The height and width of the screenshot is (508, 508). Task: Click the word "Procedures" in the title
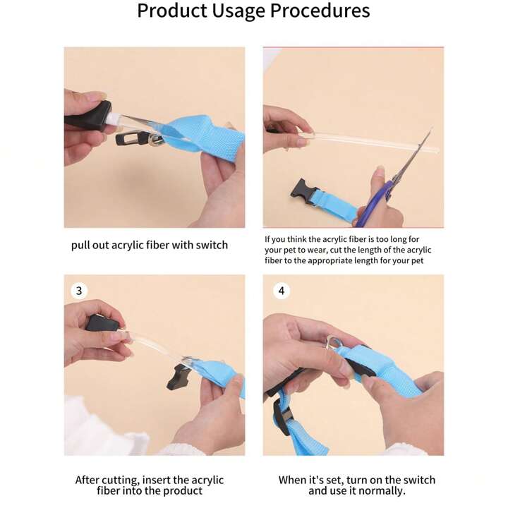tap(320, 11)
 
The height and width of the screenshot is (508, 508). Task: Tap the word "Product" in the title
tap(172, 11)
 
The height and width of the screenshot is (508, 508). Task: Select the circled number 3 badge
tap(79, 291)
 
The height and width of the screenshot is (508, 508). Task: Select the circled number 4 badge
tap(282, 291)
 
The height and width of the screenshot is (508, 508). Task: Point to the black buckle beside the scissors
tap(302, 192)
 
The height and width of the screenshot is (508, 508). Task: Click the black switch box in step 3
tap(102, 323)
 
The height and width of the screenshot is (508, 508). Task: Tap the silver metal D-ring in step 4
tap(333, 342)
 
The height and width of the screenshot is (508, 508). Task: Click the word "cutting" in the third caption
tap(120, 480)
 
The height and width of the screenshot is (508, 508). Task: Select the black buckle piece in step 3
tap(177, 377)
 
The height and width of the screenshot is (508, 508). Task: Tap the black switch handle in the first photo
tap(87, 116)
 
